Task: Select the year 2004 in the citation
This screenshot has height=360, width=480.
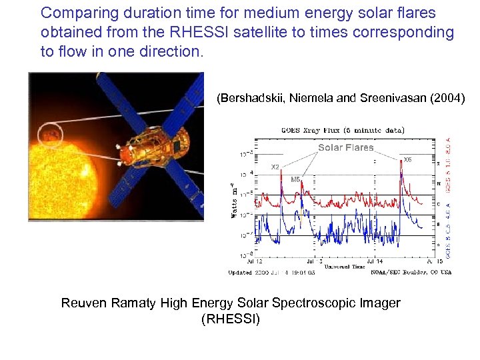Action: [447, 99]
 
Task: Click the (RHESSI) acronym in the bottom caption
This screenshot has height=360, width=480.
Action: [231, 319]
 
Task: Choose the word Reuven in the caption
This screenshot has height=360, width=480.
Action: [83, 303]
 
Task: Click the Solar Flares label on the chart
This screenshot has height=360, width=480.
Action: [345, 147]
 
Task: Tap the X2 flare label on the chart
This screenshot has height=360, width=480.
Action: [274, 167]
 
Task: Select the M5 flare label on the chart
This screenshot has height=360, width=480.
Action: [295, 179]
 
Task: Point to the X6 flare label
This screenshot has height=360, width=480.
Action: [407, 160]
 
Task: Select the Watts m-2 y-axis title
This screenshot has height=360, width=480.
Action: [234, 199]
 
